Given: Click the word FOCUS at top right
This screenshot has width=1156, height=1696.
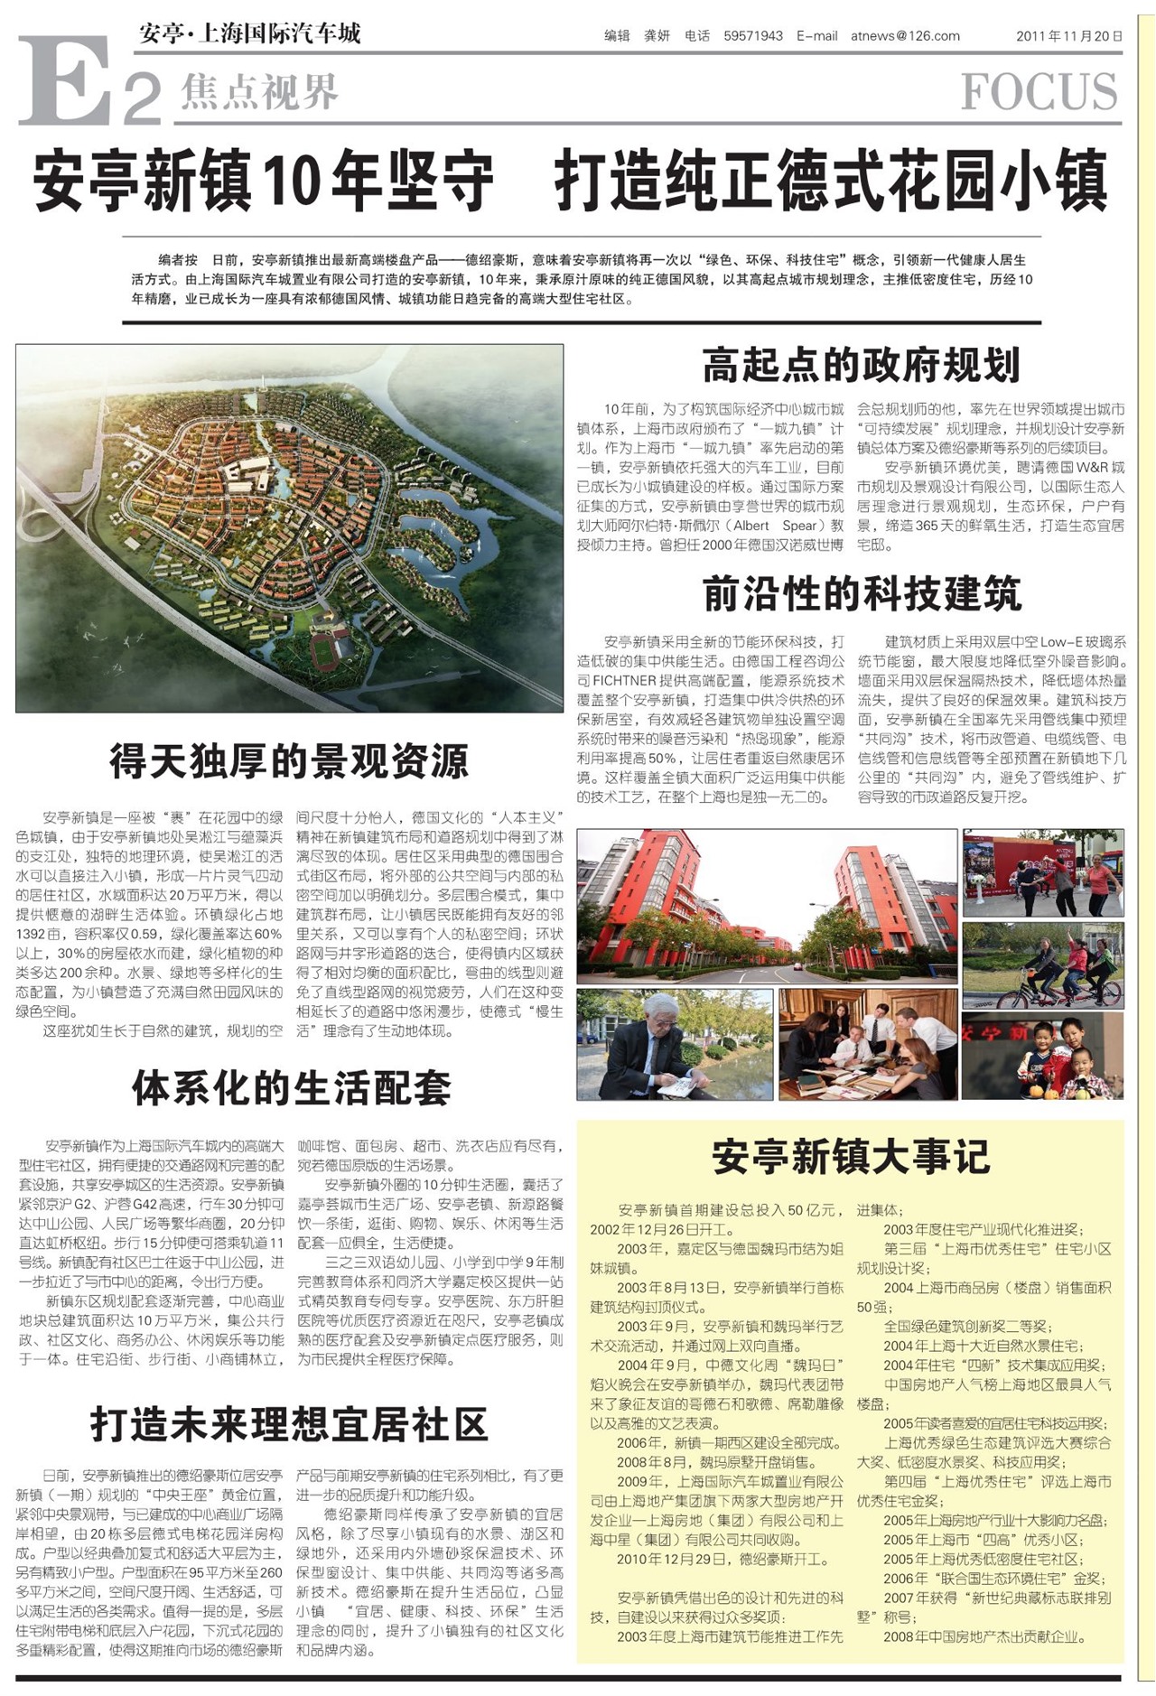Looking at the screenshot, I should click(x=1039, y=91).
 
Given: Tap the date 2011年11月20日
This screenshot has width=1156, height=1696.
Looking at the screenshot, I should click(x=1069, y=36).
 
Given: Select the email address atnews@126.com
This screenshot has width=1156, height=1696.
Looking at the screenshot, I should click(x=905, y=36).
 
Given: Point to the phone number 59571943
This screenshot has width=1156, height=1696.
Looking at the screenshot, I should click(x=753, y=36).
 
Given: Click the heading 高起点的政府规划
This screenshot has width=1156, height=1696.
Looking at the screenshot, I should click(x=861, y=366).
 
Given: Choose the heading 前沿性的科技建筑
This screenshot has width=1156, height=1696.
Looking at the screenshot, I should click(x=862, y=594).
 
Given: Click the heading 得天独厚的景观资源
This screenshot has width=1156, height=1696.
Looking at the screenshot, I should click(x=289, y=761).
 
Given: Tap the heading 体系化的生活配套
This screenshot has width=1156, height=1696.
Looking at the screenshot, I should click(x=291, y=1087).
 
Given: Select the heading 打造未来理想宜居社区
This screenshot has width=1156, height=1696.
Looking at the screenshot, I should click(x=289, y=1424).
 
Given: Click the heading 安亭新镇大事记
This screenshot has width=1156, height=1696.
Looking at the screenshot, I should click(x=850, y=1157).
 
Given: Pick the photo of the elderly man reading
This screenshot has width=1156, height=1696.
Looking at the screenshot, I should click(x=675, y=1044).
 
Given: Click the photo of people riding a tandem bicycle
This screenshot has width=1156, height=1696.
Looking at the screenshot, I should click(x=1043, y=964).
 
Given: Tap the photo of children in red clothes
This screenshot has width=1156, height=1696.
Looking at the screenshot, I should click(x=1043, y=1055).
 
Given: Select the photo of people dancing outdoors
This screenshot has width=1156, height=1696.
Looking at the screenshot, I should click(x=1043, y=872).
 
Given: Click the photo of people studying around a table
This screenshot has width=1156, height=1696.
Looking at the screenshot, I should click(x=868, y=1044).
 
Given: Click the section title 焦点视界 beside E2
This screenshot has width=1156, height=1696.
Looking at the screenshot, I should click(x=259, y=91).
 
